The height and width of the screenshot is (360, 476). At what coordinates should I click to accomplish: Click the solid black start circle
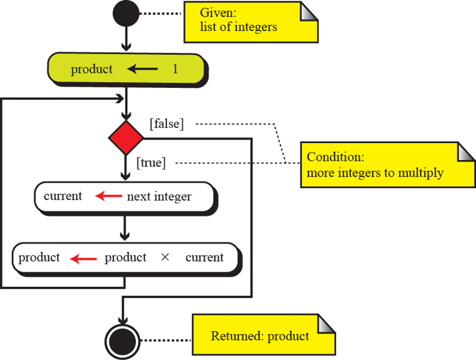point(127,13)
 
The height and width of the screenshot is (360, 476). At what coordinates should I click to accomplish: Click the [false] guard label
point(166,124)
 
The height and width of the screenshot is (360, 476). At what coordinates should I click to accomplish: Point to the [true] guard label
point(151,163)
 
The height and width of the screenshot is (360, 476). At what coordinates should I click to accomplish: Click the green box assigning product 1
point(127,70)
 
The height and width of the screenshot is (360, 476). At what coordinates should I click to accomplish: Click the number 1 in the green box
point(175,70)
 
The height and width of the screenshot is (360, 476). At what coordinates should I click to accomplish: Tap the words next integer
point(159,197)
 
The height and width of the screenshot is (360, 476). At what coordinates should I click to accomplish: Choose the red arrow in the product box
point(82,258)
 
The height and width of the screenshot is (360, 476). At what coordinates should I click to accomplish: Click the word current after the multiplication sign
point(204,258)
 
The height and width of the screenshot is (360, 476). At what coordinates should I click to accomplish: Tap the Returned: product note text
point(260,336)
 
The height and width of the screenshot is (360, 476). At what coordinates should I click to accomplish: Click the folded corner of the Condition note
point(466,152)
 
